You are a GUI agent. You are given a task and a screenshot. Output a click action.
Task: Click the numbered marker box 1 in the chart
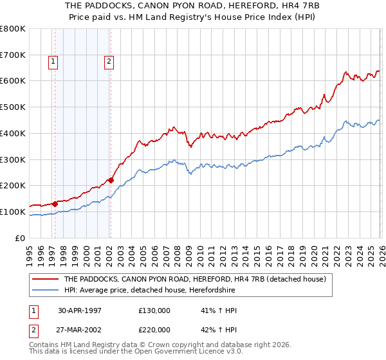pyautogui.click(x=52, y=62)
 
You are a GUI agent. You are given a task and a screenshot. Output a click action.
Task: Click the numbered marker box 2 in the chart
pyautogui.click(x=109, y=62)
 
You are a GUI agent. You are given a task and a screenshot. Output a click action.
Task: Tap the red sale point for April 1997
pyautogui.click(x=55, y=204)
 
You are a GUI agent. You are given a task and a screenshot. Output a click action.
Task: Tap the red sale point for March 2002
pyautogui.click(x=111, y=181)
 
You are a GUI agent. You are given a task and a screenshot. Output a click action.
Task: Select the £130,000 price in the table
pyautogui.click(x=154, y=310)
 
